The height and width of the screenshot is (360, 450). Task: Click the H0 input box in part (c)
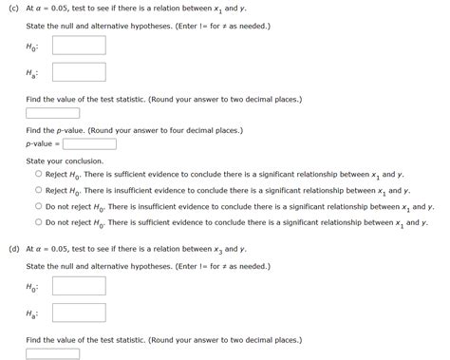(x=79, y=45)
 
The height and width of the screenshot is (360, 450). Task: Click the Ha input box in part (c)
(x=79, y=72)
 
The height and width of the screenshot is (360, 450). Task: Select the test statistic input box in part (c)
(x=52, y=113)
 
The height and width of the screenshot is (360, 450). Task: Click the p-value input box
(x=89, y=144)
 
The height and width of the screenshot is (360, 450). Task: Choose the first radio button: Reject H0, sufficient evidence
(x=38, y=175)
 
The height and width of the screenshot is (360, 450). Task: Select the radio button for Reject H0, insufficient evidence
(x=38, y=190)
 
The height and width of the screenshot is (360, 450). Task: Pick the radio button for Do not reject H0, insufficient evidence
(x=38, y=205)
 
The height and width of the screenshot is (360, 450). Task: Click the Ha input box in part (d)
(x=79, y=313)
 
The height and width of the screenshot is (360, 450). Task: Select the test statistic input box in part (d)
(x=52, y=353)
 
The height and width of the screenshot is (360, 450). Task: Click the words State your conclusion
(x=65, y=161)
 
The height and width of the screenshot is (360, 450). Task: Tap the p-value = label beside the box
(x=43, y=144)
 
